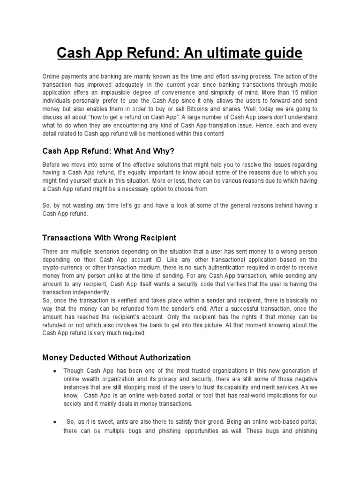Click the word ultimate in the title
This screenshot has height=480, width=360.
pos(236,53)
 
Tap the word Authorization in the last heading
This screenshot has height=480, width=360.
pos(161,357)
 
